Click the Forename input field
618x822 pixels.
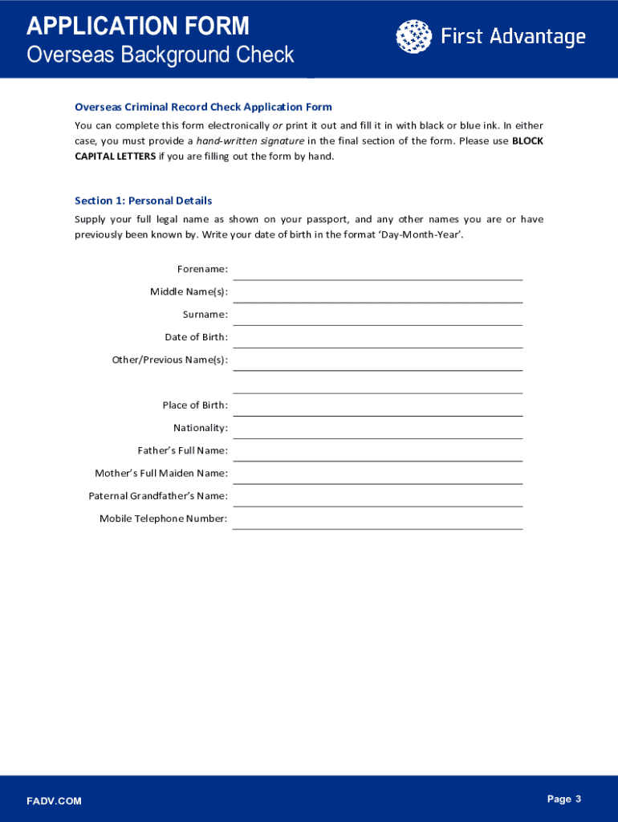pos(377,270)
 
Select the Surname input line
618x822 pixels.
pos(377,315)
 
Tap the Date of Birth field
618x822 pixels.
pos(377,338)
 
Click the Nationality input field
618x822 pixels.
pos(377,429)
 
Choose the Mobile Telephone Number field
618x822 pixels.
pos(377,519)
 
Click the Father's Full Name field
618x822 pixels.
pos(377,451)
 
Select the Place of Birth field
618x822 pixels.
pos(377,406)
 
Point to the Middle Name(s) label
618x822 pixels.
pos(189,291)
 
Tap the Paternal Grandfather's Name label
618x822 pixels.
pos(158,496)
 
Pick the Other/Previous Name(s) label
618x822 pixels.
pos(169,360)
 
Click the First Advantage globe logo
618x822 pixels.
pos(413,37)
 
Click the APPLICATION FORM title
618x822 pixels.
pos(138,26)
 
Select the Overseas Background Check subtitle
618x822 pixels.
pos(161,55)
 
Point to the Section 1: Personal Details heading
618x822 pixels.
pos(143,201)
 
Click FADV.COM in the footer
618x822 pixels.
pos(54,801)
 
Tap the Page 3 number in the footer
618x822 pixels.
pos(563,799)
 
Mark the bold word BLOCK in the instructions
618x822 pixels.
pos(527,141)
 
